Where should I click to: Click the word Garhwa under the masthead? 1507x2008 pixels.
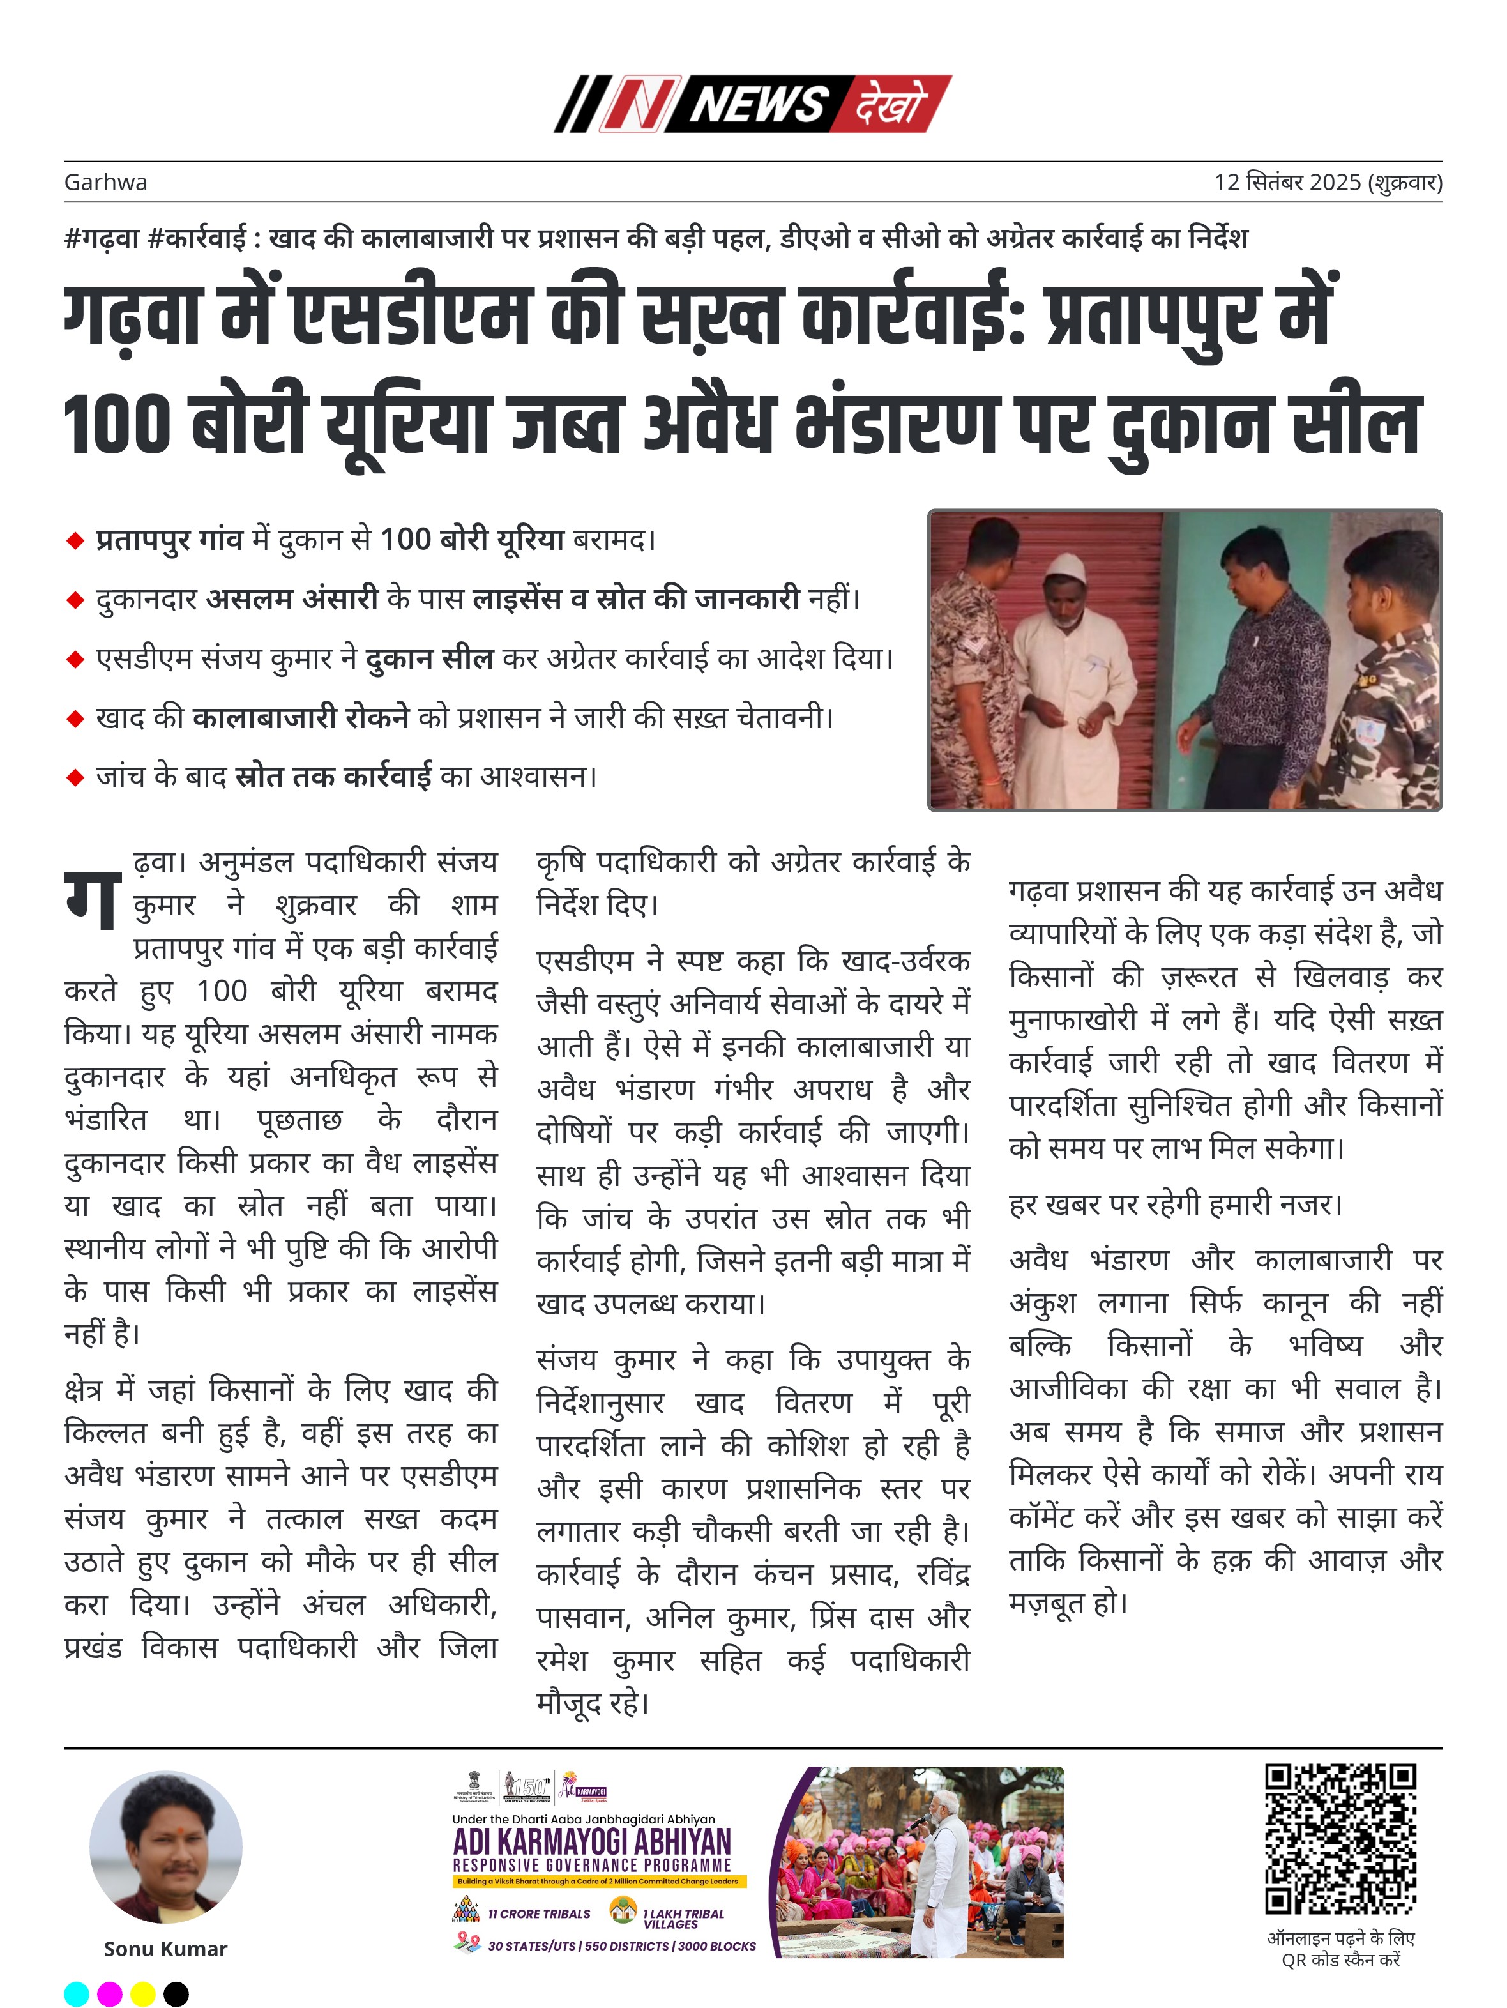pyautogui.click(x=105, y=183)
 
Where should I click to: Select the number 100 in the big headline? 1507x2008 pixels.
pyautogui.click(x=116, y=425)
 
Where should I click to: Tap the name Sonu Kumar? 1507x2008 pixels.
pyautogui.click(x=165, y=1949)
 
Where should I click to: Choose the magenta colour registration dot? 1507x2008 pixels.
pyautogui.click(x=110, y=1993)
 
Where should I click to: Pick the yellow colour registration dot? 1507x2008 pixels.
pyautogui.click(x=142, y=1993)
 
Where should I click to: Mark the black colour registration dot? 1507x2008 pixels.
pyautogui.click(x=176, y=1993)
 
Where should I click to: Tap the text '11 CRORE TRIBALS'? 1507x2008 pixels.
pyautogui.click(x=538, y=1913)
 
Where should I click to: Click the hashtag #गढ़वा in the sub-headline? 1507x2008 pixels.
pyautogui.click(x=101, y=239)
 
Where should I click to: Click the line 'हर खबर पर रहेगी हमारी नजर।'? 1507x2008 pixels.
pyautogui.click(x=1175, y=1205)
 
